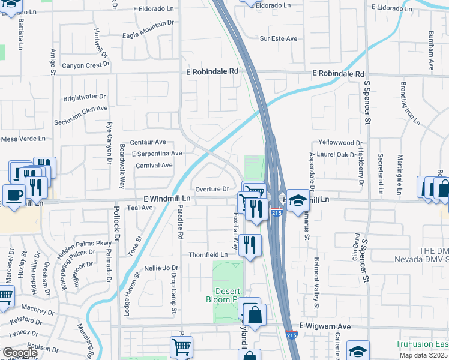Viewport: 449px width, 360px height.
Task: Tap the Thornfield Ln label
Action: pos(208,254)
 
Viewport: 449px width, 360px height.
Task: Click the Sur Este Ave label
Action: pos(279,38)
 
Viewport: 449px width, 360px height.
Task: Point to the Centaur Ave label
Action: pos(148,142)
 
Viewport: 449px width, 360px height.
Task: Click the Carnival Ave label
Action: pos(154,165)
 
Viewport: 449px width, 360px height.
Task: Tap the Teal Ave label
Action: pos(139,208)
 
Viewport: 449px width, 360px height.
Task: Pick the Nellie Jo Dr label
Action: pos(161,268)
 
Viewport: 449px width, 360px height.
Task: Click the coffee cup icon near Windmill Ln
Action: pos(13,194)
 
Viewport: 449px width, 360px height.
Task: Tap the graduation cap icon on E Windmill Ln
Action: pos(297,200)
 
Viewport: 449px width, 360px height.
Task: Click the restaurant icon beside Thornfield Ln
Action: pos(250,244)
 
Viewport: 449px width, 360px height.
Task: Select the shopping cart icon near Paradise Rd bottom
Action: pos(181,347)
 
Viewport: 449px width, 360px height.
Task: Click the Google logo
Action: pos(19,353)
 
